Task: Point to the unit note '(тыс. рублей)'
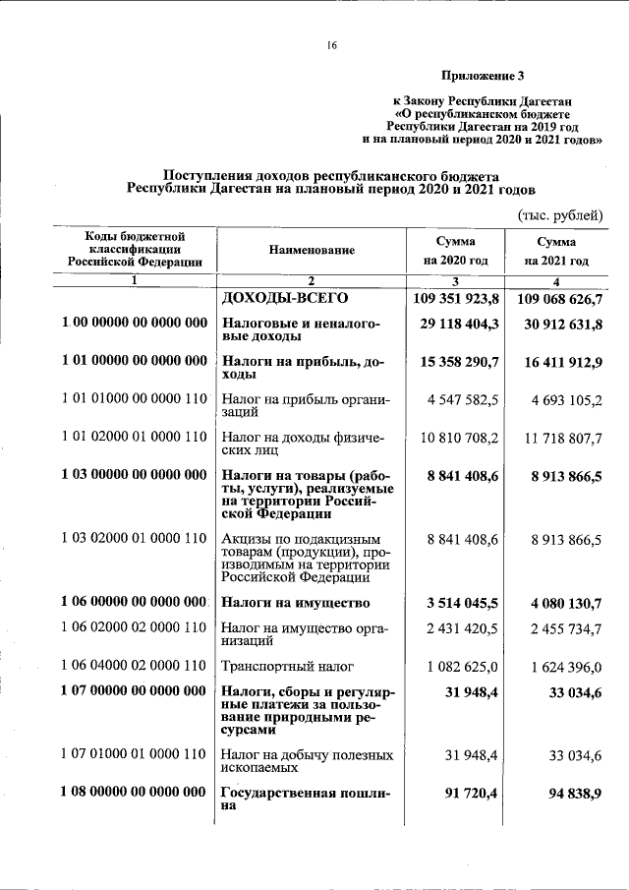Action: coord(560,215)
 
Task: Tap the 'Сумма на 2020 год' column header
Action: coord(456,251)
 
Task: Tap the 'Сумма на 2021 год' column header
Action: coord(556,252)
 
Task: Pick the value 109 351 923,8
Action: coord(453,298)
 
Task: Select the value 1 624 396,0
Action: coord(563,667)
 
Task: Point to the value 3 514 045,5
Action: coord(460,602)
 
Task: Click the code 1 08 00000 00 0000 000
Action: coord(134,792)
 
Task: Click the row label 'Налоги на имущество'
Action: coord(296,602)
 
